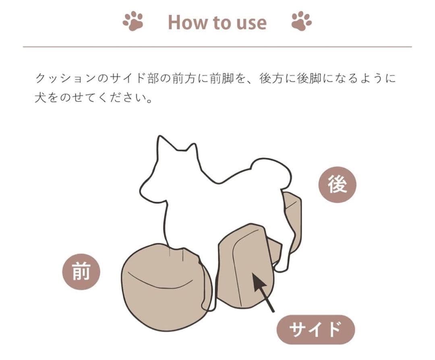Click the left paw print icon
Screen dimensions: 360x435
[133, 21]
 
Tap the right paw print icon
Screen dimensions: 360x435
[302, 21]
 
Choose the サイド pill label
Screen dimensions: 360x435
[315, 329]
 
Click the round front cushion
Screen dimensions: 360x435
[163, 290]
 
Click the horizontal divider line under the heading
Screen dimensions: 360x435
[217, 47]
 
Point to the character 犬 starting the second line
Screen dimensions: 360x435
[41, 98]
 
